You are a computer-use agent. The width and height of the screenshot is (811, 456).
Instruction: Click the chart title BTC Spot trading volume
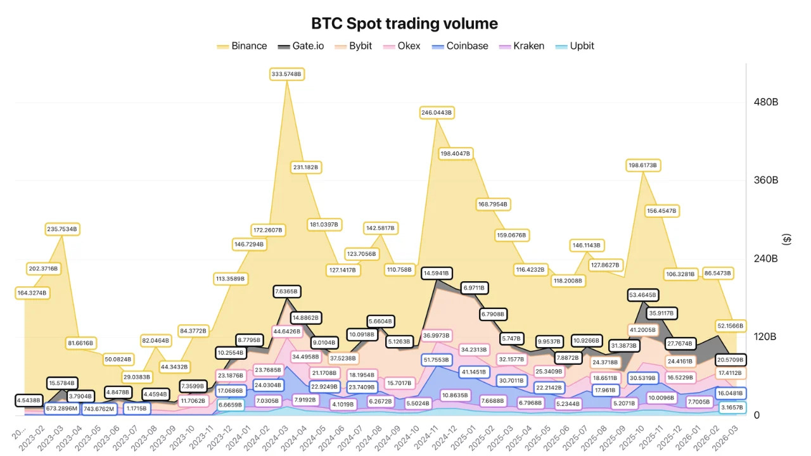[x=404, y=23]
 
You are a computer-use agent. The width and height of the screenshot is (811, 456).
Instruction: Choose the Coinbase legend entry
[x=459, y=46]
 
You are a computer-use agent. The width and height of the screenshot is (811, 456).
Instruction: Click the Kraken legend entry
[x=521, y=46]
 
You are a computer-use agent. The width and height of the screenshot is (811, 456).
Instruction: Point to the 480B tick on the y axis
[x=765, y=102]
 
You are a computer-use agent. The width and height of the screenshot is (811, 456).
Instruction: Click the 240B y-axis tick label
[x=765, y=258]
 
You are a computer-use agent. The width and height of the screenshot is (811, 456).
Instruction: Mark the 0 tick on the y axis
[x=757, y=415]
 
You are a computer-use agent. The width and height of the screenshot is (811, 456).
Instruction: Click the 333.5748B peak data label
[x=287, y=74]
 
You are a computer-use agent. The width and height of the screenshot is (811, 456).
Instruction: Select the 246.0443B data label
[x=436, y=113]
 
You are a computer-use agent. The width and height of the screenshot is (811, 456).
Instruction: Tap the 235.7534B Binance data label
[x=61, y=229]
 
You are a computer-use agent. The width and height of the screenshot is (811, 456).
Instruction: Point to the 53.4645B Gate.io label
[x=642, y=295]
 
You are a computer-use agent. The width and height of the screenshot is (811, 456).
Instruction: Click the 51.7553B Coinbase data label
[x=436, y=360]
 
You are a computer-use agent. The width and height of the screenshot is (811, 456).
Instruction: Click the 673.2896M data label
[x=61, y=408]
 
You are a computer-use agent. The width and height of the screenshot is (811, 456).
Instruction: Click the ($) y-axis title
[x=787, y=239]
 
